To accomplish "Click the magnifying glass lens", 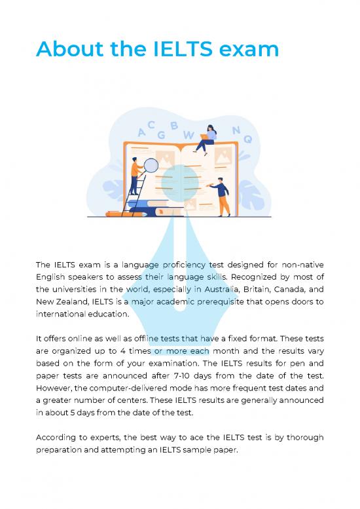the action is click(x=151, y=166).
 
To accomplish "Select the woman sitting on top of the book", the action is click(x=209, y=138).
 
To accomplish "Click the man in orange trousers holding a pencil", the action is click(x=222, y=197).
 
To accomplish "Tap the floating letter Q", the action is click(x=247, y=139).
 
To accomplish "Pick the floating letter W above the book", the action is click(x=188, y=135).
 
